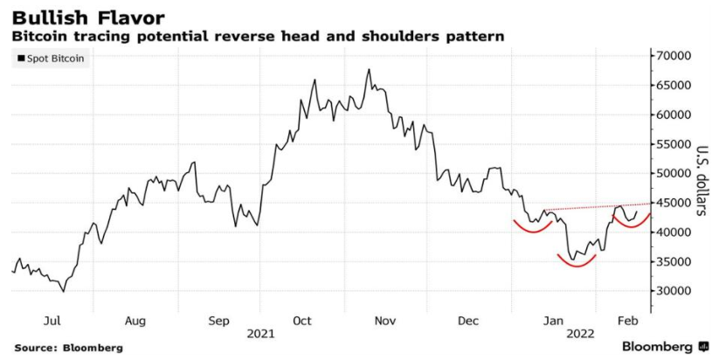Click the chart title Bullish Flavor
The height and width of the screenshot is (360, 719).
coord(77,17)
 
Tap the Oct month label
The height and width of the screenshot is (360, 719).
coord(301,321)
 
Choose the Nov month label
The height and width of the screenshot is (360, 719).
coord(386,321)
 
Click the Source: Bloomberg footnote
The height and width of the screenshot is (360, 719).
coord(68,348)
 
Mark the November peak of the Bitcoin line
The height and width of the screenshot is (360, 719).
coord(369,69)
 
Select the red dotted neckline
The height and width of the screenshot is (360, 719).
coord(594,207)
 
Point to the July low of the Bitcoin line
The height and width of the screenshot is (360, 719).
coord(63,291)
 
